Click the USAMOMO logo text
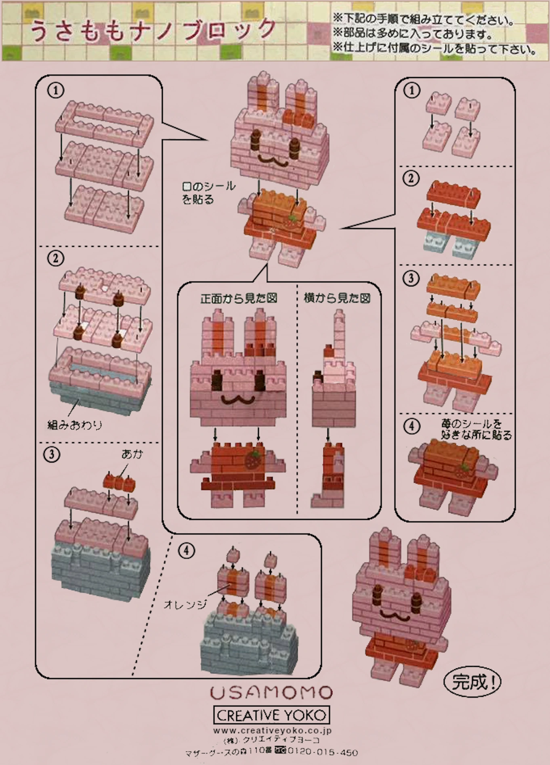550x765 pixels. [x=271, y=693]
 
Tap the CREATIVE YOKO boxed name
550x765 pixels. [x=271, y=715]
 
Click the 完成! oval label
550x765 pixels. [x=472, y=682]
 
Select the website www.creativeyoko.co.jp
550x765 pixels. [x=272, y=730]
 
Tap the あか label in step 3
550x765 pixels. [x=132, y=454]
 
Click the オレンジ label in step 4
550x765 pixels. [x=185, y=604]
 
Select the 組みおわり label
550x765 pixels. [x=75, y=425]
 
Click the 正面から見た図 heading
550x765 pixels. [x=239, y=298]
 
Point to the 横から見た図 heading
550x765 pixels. [x=337, y=298]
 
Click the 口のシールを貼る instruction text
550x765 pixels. [x=208, y=193]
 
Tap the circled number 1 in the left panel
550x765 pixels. [x=56, y=90]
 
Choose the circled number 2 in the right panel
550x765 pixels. [x=411, y=178]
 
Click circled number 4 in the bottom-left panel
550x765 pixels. [x=186, y=550]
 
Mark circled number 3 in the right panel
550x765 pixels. [x=411, y=278]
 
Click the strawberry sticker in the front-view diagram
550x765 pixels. [x=253, y=460]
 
